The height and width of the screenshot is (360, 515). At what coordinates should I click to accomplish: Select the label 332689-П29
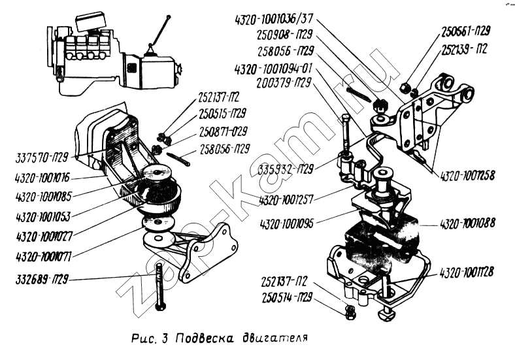coord(41,280)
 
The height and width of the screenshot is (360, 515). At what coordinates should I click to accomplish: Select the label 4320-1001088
coord(467,223)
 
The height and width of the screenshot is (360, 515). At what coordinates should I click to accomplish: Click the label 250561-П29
coord(465,31)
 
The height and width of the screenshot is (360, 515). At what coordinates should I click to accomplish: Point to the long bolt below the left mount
coord(159,281)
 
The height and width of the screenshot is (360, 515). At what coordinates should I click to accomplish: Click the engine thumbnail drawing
coord(113,56)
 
